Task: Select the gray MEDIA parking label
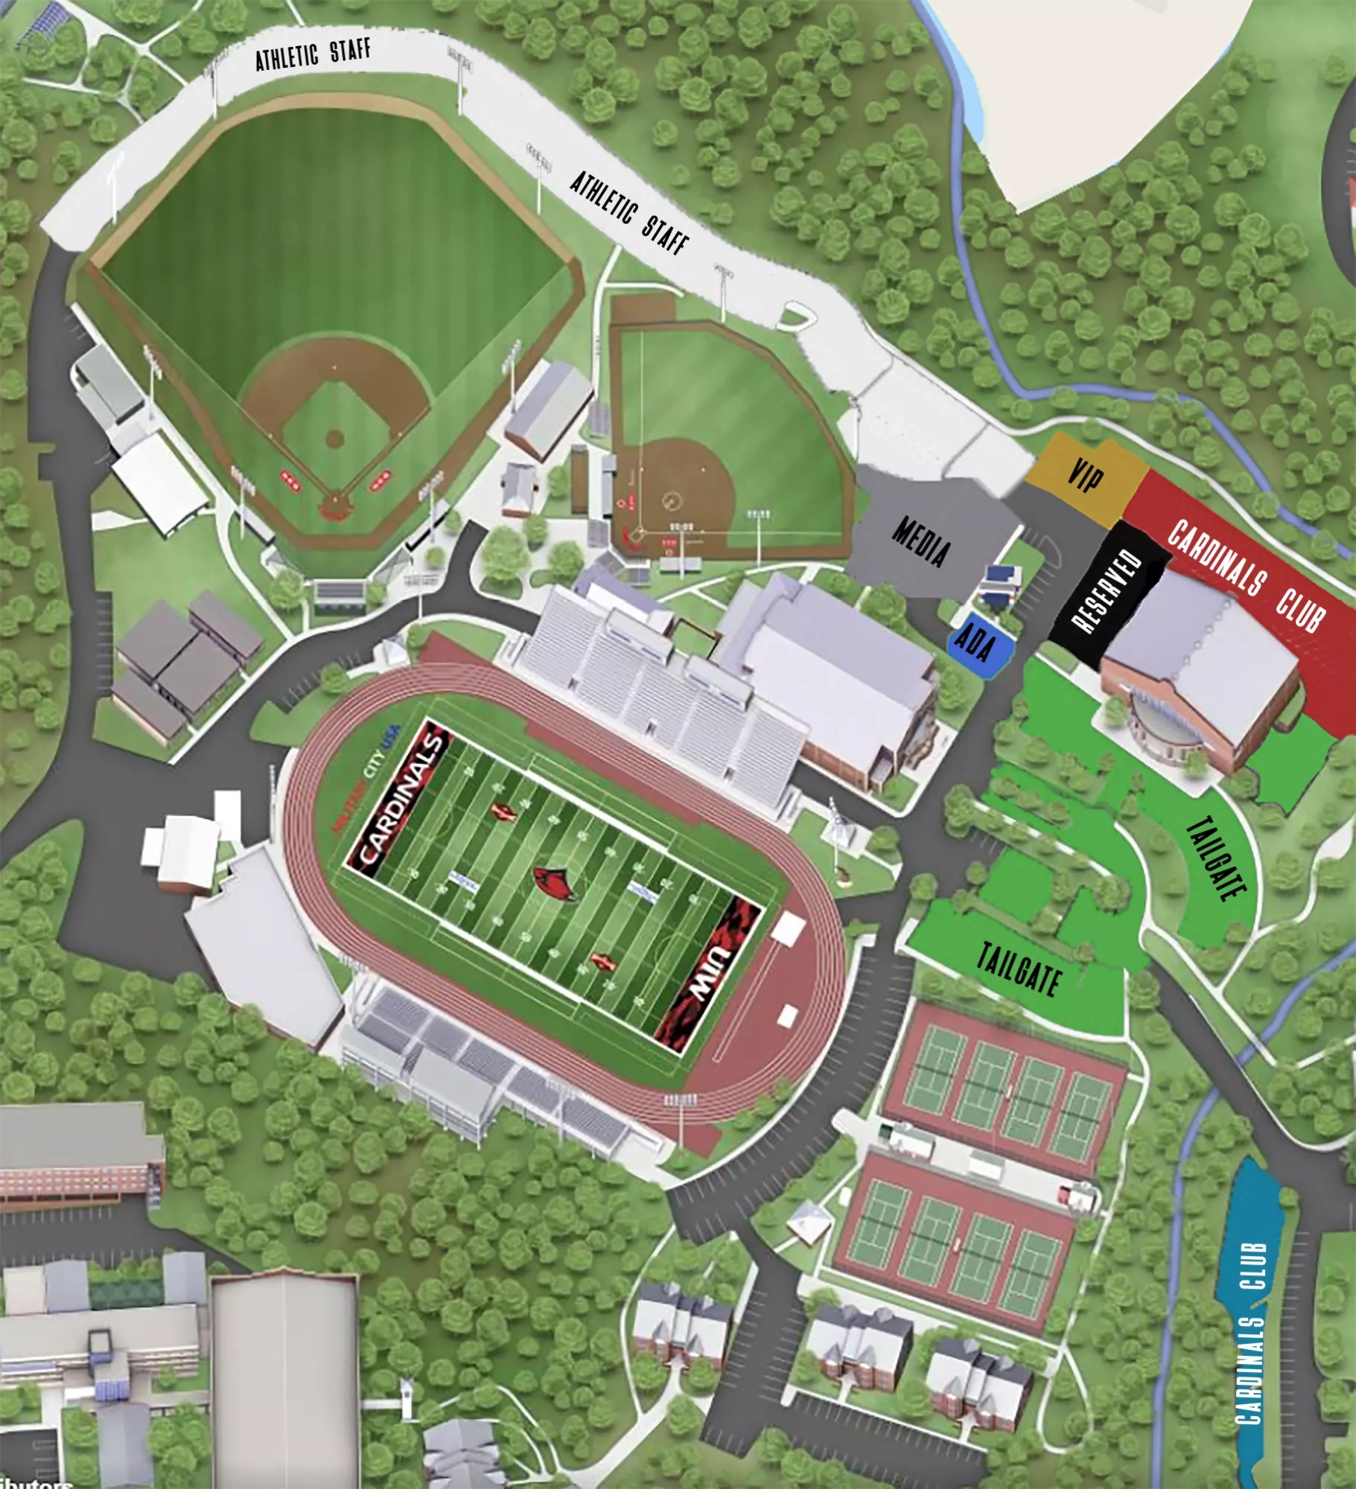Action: (x=922, y=541)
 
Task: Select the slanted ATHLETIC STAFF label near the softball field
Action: (x=629, y=213)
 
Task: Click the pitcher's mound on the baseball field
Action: (x=334, y=439)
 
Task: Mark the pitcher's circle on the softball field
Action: (x=672, y=500)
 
